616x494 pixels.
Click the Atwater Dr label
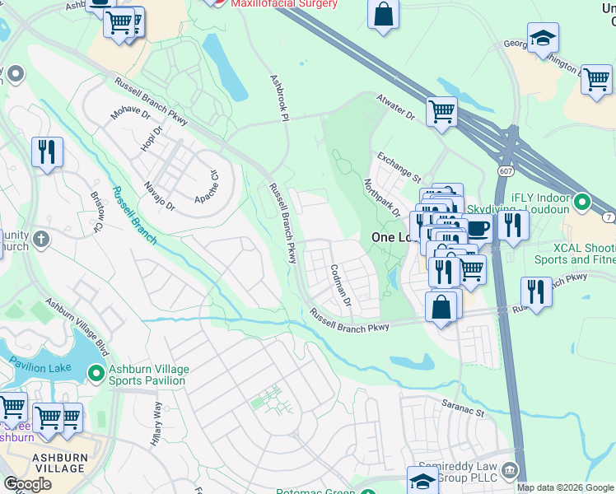pyautogui.click(x=396, y=109)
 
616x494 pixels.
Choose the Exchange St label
pyautogui.click(x=399, y=166)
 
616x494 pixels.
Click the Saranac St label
pyautogui.click(x=463, y=407)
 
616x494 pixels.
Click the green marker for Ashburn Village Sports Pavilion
pyautogui.click(x=97, y=374)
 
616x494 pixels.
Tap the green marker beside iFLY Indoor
pyautogui.click(x=583, y=201)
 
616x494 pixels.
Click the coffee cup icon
pyautogui.click(x=479, y=228)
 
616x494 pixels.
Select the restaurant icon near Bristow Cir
pyautogui.click(x=47, y=151)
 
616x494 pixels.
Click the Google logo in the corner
pyautogui.click(x=27, y=484)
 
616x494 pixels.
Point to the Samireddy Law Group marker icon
pyautogui.click(x=511, y=470)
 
